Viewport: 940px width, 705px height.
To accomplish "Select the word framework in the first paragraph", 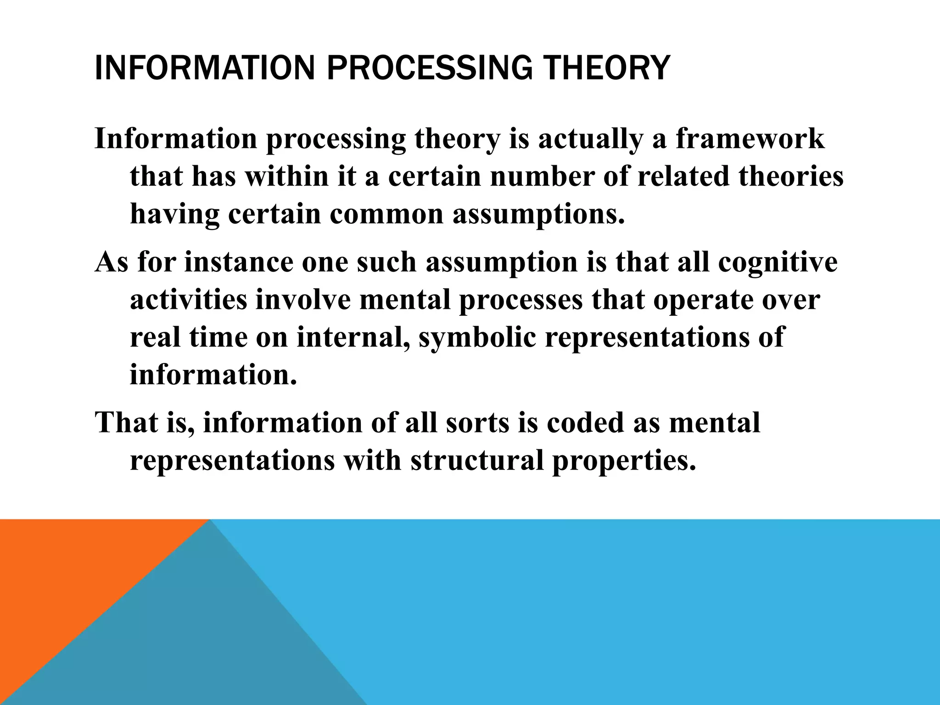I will pyautogui.click(x=750, y=139).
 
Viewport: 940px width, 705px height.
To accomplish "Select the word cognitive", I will pyautogui.click(x=778, y=263).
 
